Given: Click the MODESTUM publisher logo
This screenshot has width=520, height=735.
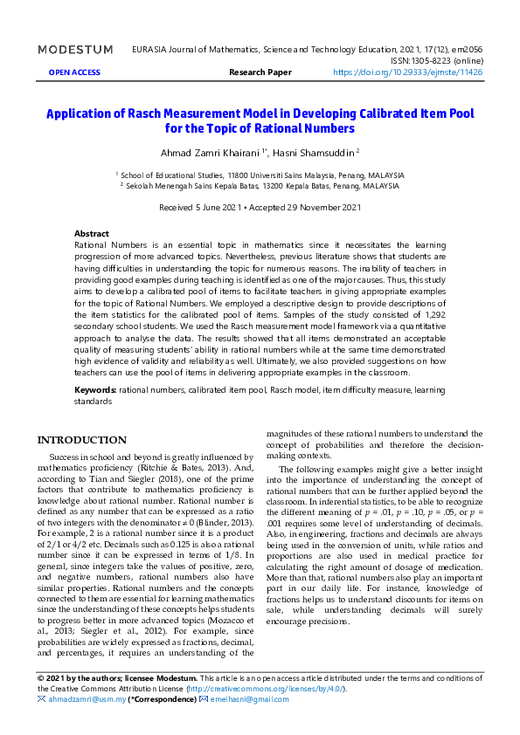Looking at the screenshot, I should point(75,50).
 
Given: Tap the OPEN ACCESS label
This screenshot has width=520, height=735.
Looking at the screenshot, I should point(74,73).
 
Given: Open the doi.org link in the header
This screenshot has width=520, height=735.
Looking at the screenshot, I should point(407,73).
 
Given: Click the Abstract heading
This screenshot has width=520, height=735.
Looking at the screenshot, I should point(92,234).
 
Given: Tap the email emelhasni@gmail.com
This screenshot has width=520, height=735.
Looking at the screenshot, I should point(254,699).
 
